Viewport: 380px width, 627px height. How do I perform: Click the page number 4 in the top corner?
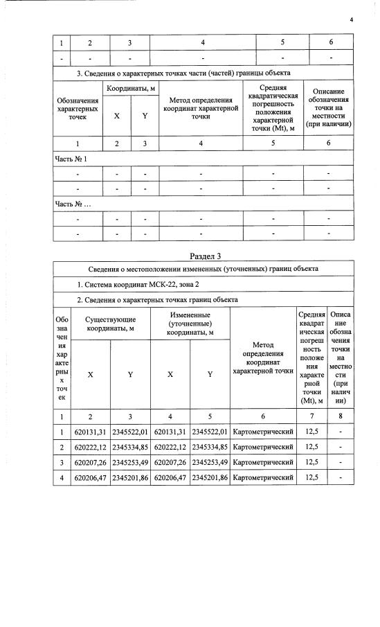click(x=352, y=19)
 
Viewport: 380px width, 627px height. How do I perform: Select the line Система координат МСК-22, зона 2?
click(x=132, y=284)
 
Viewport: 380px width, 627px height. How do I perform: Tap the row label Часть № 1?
click(x=71, y=159)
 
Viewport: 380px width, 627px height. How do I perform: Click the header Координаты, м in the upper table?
click(x=130, y=89)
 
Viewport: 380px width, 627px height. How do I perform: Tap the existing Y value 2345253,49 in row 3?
click(x=130, y=461)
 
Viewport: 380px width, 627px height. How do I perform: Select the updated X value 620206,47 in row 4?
click(x=170, y=477)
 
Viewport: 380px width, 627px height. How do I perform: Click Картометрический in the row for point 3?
click(x=263, y=461)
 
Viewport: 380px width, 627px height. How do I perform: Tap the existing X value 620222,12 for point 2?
click(x=91, y=445)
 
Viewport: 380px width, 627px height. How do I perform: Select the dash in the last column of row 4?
click(x=341, y=477)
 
